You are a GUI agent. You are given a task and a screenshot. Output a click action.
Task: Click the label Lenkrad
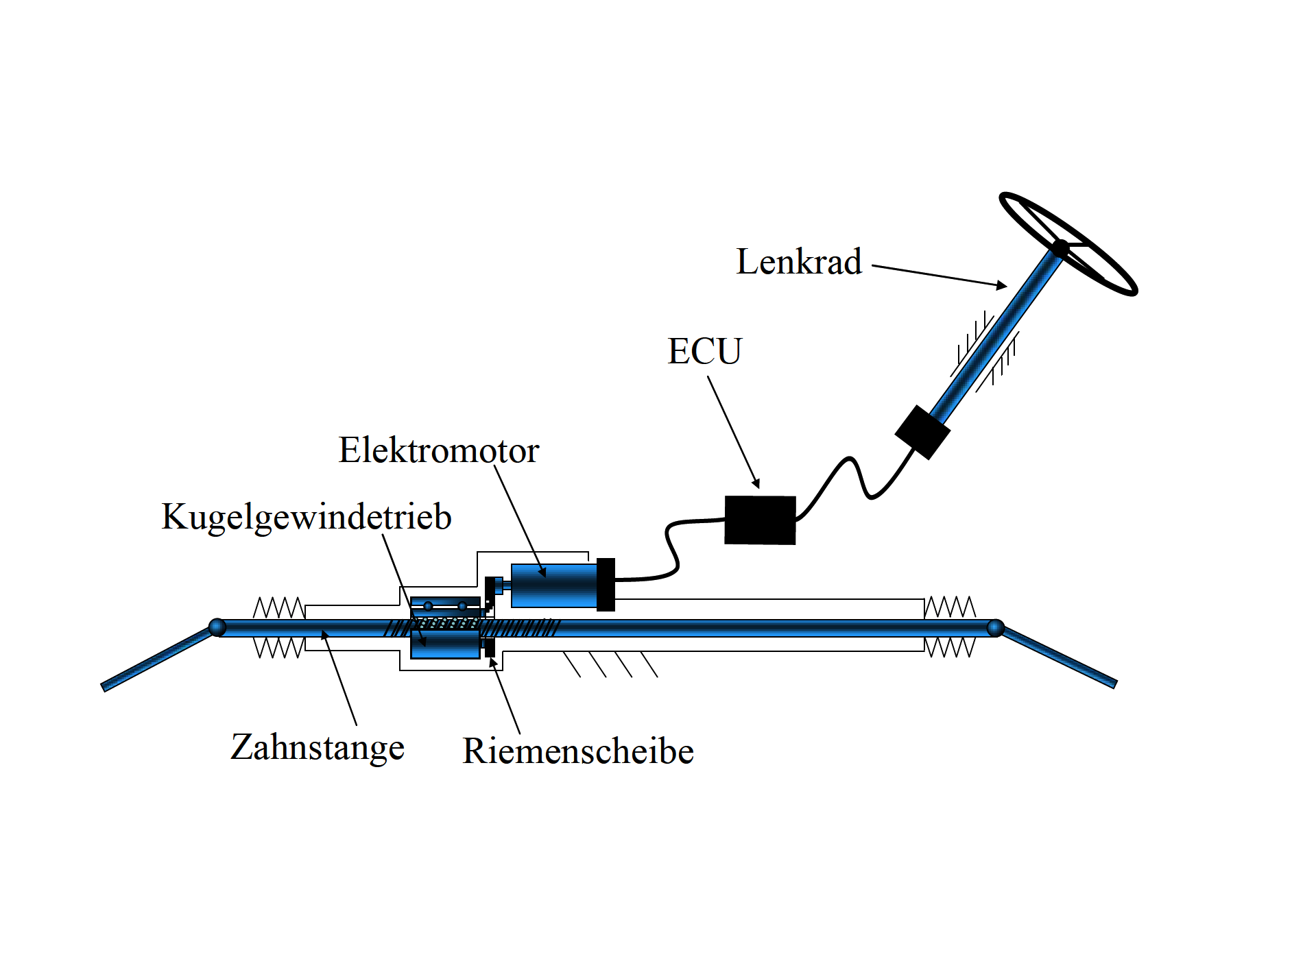(x=798, y=262)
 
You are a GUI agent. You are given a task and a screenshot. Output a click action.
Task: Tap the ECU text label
(x=704, y=352)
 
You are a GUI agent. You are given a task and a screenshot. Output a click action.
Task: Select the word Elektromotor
(x=439, y=451)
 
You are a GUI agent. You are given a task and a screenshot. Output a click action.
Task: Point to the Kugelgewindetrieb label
(x=307, y=517)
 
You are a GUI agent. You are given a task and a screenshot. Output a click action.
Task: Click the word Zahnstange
(x=318, y=747)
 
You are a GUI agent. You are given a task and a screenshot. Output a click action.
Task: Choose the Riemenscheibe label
(x=578, y=751)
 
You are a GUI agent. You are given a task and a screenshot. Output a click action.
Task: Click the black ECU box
(x=760, y=520)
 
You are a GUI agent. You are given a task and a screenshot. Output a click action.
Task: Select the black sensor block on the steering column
(x=922, y=432)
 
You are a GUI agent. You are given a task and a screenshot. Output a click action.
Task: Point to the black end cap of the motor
(x=606, y=585)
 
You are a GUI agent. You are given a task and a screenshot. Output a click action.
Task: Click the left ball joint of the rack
(x=217, y=627)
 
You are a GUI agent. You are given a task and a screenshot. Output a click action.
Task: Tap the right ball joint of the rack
(x=995, y=627)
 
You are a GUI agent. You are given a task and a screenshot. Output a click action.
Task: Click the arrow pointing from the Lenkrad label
(x=940, y=276)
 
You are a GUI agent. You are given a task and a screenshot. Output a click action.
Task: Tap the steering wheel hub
(x=1060, y=248)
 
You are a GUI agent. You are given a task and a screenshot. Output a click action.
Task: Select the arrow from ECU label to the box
(x=734, y=433)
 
